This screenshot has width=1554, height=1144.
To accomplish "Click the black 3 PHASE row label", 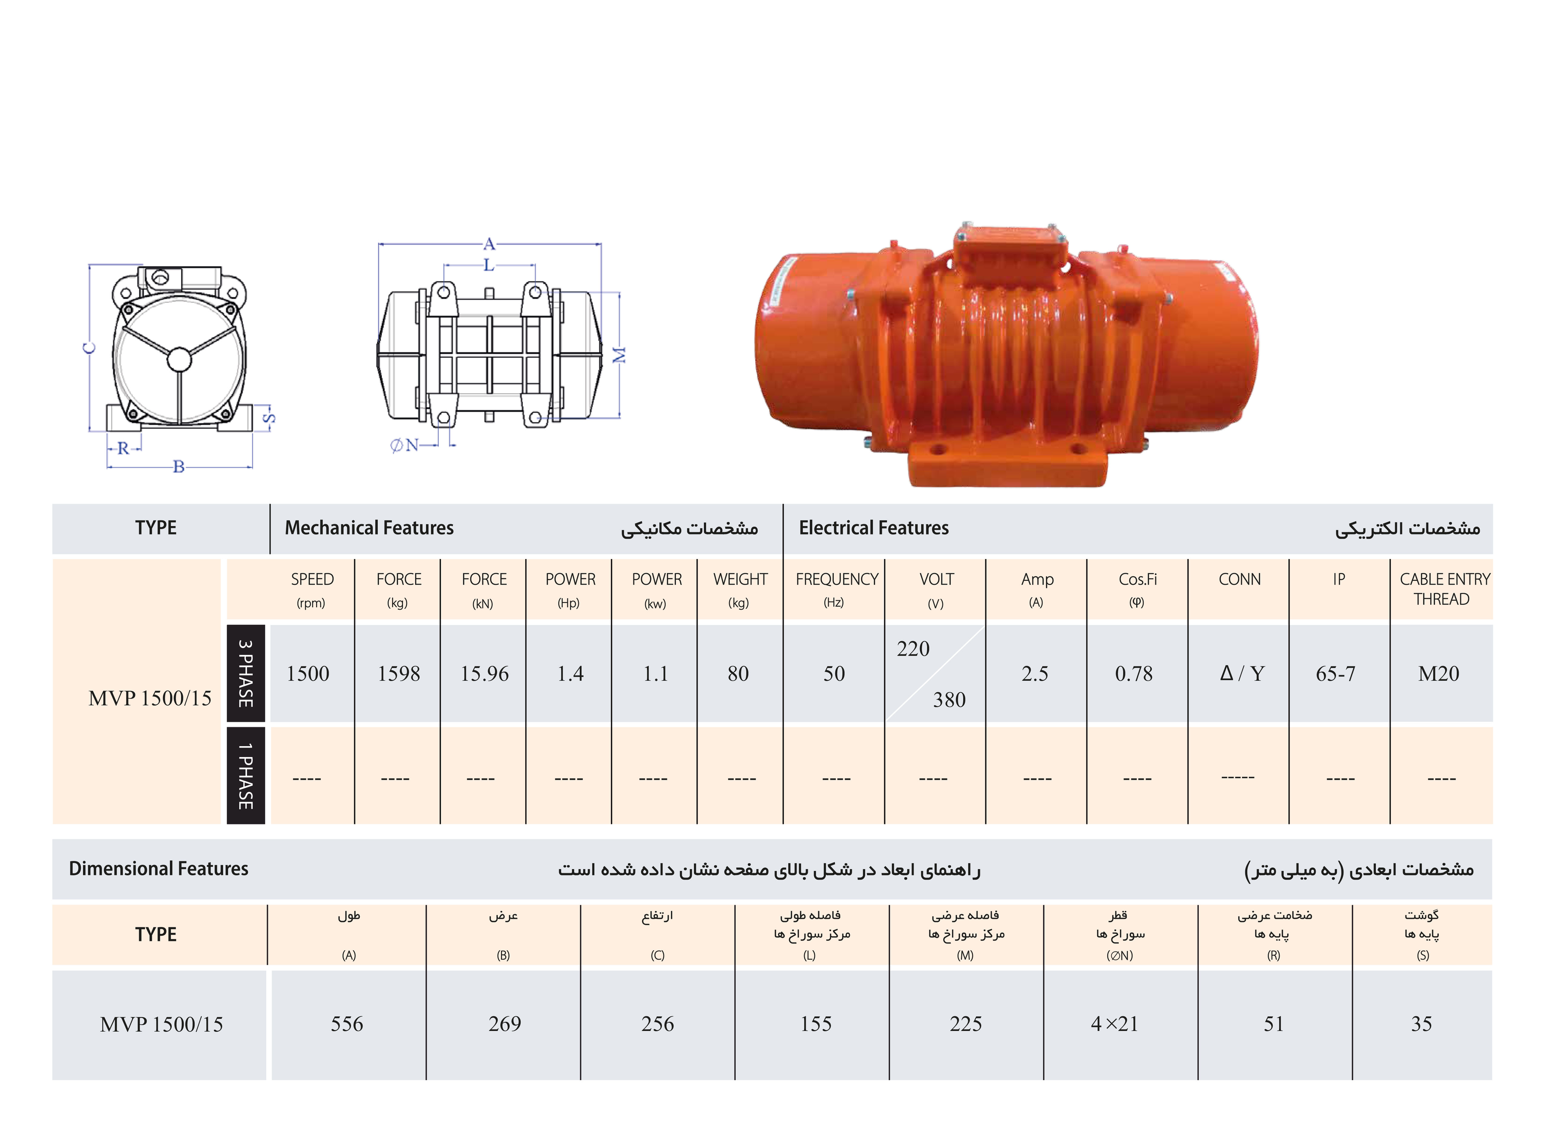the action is click(x=246, y=673).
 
